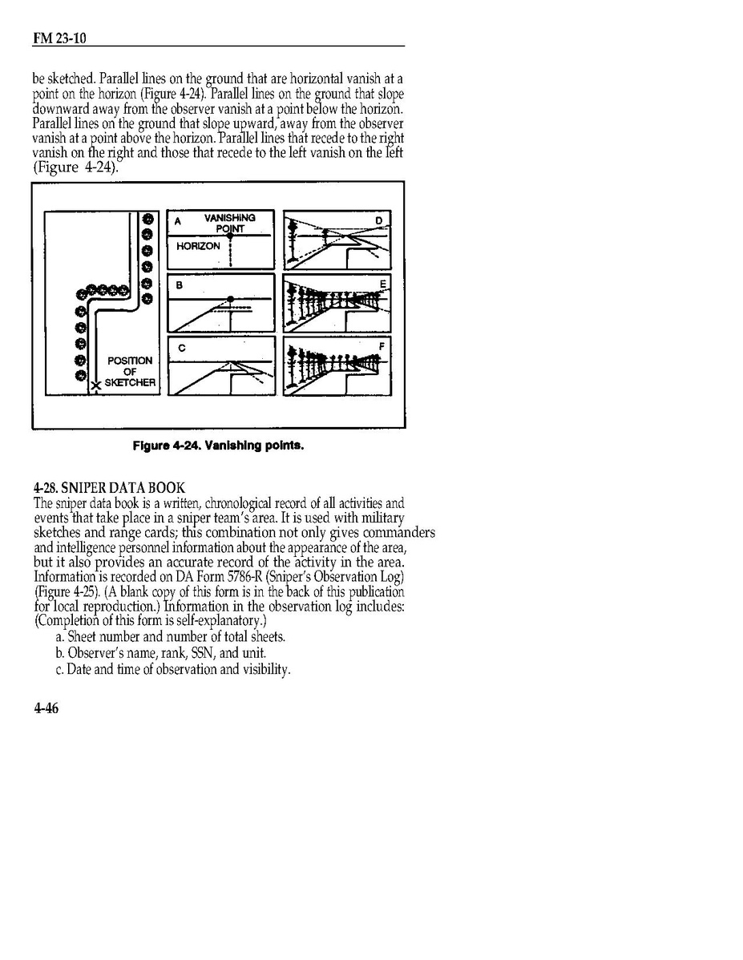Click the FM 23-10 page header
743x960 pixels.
tap(54, 38)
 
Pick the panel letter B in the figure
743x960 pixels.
tap(180, 284)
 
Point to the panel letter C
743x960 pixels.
tap(181, 348)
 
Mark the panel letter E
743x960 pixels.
tap(382, 284)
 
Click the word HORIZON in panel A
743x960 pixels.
tap(198, 246)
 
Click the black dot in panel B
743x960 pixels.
tap(231, 299)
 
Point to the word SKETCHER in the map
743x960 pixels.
tap(130, 382)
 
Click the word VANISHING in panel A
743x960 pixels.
tap(229, 217)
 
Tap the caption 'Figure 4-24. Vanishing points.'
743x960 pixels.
tap(218, 446)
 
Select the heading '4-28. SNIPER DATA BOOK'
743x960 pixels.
tap(109, 487)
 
